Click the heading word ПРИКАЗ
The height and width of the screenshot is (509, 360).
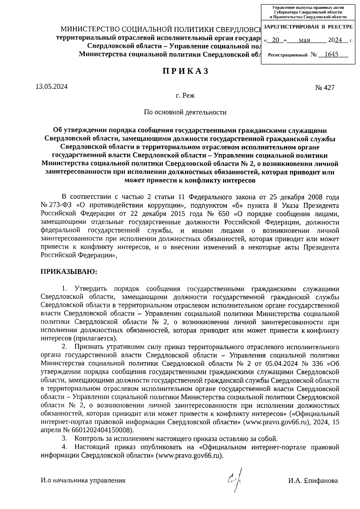click(185, 71)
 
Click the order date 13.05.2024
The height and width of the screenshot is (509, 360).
click(51, 87)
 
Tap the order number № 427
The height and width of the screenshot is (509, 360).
click(325, 88)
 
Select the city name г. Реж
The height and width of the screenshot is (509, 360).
click(185, 96)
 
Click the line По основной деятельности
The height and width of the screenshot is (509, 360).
click(185, 112)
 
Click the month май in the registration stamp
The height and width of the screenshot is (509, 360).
click(304, 40)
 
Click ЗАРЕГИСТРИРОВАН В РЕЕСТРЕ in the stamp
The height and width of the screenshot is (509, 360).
click(308, 27)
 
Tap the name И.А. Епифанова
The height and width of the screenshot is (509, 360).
click(313, 481)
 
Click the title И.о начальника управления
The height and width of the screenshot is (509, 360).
click(83, 481)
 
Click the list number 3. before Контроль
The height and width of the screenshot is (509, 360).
click(64, 439)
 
